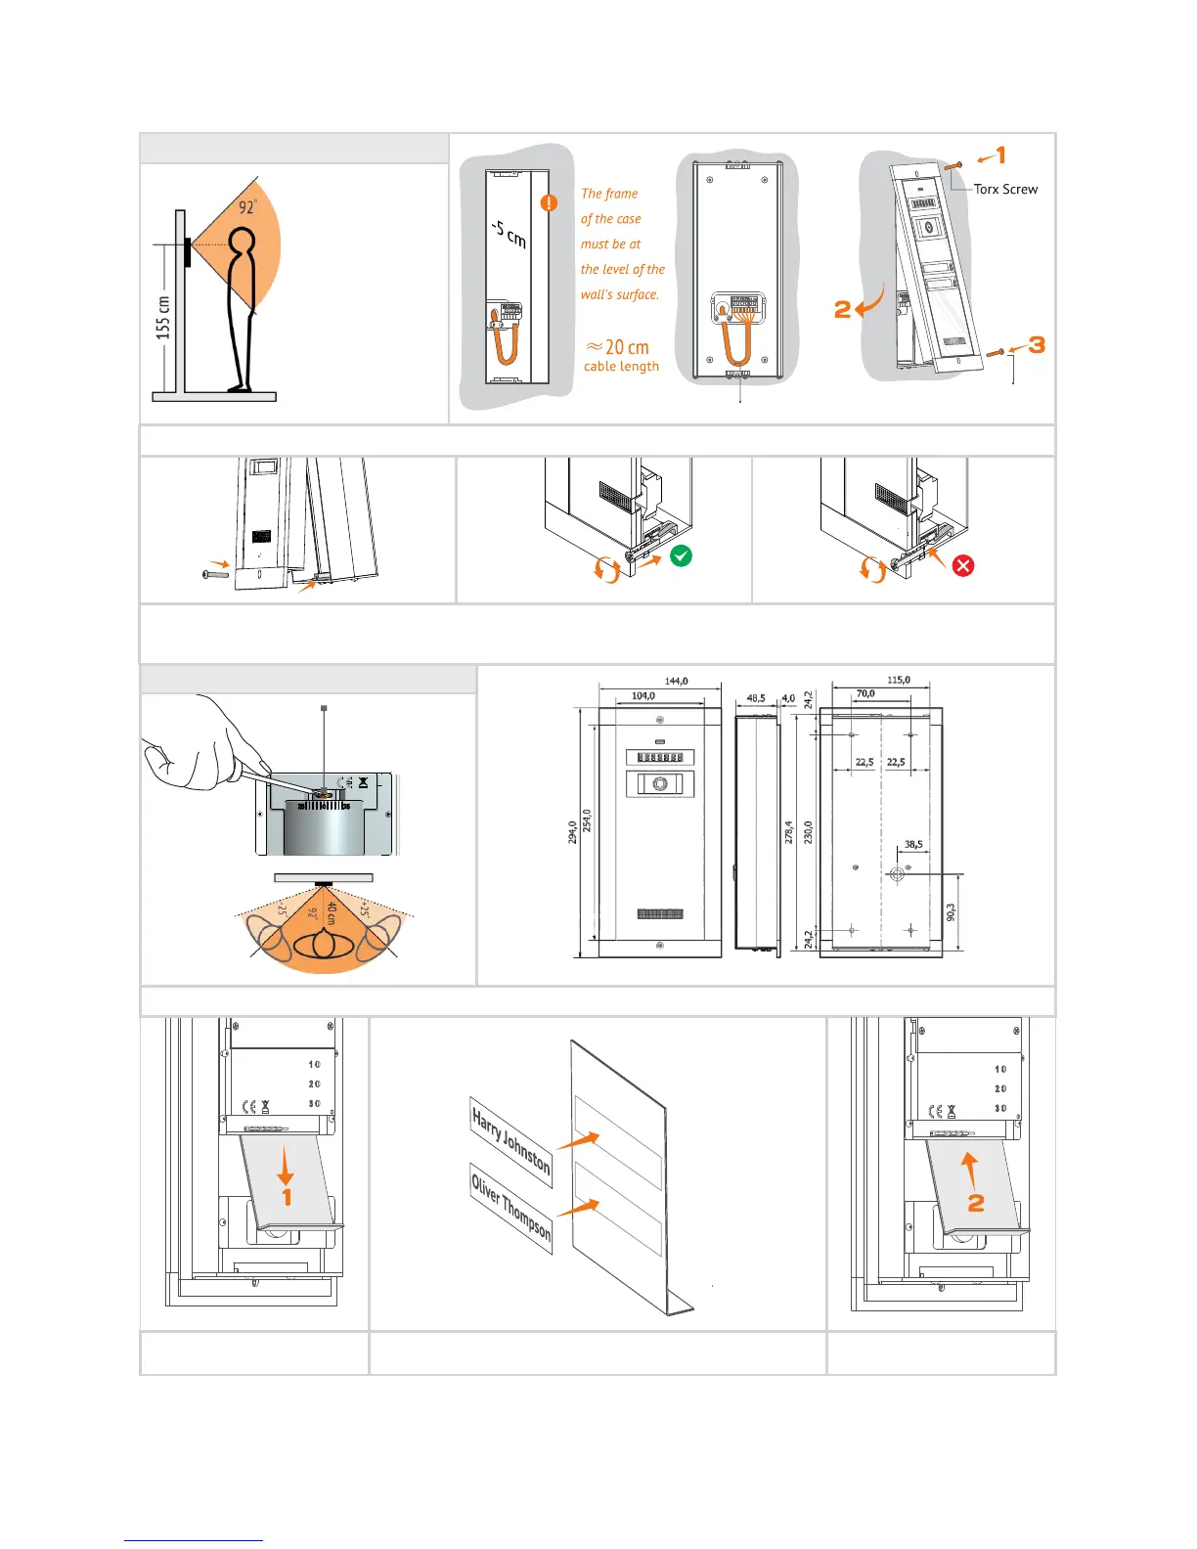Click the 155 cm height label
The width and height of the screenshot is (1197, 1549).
coord(162,318)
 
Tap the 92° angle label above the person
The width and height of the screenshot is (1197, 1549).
coord(248,206)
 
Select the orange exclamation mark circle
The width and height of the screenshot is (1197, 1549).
coord(550,202)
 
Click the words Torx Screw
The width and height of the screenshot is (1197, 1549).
coord(1005,189)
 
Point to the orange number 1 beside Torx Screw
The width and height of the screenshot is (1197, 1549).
coord(1000,155)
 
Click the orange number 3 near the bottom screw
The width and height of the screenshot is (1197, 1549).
coord(1037,344)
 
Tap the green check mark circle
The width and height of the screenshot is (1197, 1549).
coord(682,555)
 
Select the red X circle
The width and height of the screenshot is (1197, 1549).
coord(963,565)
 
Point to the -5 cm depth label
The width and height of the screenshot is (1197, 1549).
coord(510,233)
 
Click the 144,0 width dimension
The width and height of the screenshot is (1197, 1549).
coord(676,681)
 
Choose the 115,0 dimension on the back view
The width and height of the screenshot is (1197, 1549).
coord(898,680)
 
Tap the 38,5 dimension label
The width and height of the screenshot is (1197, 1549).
coord(913,844)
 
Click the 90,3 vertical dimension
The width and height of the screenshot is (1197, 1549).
coord(952,911)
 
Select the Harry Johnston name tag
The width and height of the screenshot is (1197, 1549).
coord(511,1141)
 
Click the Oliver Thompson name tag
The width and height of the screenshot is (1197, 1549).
coord(510,1209)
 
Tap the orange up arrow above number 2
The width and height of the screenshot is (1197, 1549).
coord(969,1169)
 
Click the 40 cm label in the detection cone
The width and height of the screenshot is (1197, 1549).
coord(332,912)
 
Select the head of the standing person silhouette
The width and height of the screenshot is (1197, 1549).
coord(241,242)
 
